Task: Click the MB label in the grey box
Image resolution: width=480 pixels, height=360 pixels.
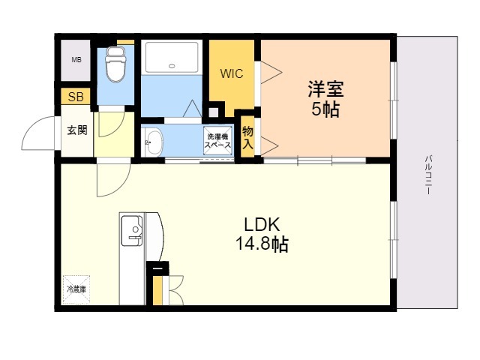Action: tap(76, 60)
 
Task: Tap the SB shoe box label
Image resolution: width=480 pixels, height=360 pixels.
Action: tap(76, 97)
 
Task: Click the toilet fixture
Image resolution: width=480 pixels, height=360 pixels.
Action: tap(115, 64)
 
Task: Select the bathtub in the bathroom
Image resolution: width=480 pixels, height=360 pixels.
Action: tap(172, 57)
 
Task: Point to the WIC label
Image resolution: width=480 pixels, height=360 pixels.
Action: tap(232, 73)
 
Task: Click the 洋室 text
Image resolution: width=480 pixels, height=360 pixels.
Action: tap(325, 88)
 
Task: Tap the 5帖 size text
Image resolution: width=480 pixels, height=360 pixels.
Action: tap(325, 109)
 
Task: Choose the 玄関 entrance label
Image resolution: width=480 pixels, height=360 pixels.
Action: tap(77, 130)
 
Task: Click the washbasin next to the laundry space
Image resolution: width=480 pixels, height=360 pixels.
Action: tap(152, 142)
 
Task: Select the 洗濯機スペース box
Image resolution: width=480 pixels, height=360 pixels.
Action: tap(217, 141)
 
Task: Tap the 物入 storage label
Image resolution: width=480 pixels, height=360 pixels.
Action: tap(247, 137)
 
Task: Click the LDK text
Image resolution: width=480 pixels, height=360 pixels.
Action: tap(262, 225)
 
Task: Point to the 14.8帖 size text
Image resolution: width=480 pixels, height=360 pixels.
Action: tap(262, 244)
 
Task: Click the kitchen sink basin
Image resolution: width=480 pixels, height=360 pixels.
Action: tap(132, 231)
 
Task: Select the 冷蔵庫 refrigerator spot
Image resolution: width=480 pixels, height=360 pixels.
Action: tap(76, 289)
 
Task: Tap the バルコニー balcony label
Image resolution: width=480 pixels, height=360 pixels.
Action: tap(428, 175)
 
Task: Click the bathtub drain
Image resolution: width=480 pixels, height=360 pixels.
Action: tap(172, 65)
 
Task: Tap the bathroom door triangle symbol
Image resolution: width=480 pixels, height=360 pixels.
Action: tap(192, 109)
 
